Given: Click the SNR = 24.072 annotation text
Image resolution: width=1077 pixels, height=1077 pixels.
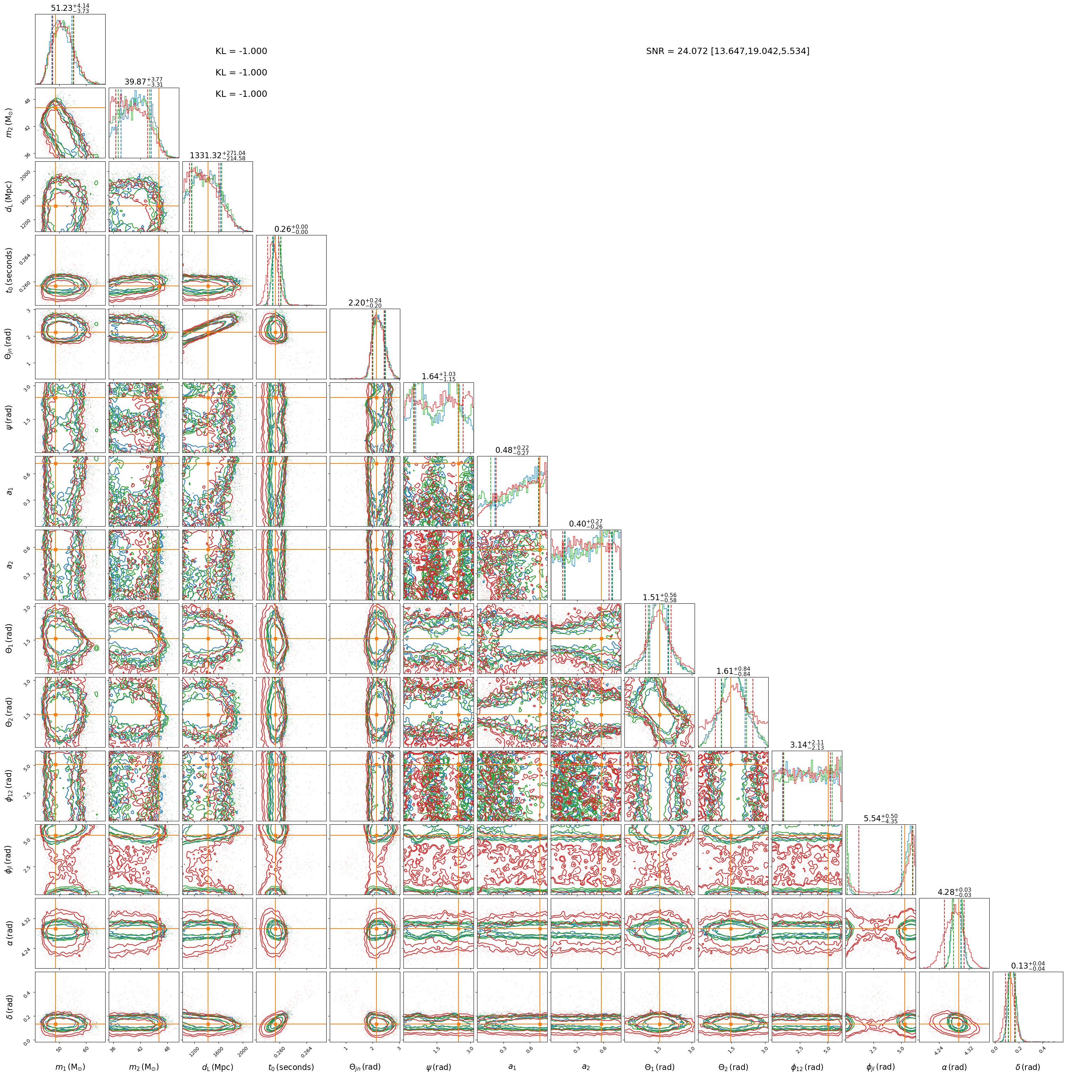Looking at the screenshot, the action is (728, 51).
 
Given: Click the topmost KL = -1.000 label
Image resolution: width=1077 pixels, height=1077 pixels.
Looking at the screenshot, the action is (241, 51).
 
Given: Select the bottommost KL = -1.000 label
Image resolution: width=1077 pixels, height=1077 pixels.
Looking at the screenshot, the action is (241, 94).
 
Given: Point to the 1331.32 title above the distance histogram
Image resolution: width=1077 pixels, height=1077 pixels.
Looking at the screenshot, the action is (206, 155).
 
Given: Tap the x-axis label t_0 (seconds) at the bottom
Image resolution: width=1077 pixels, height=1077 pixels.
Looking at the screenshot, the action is (291, 1067).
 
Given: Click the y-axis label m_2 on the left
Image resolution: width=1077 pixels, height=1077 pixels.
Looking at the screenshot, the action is (9, 123).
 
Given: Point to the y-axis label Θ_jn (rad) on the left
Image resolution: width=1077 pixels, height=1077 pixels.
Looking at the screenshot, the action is (9, 344).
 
